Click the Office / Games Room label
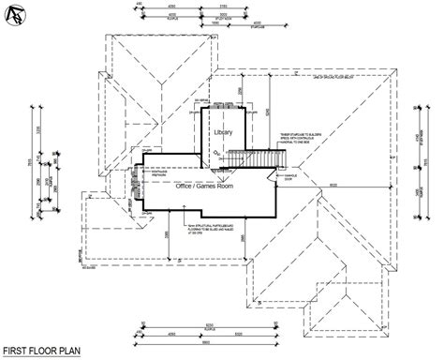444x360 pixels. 204,187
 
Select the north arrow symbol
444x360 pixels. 13,14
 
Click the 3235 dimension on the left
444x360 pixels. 41,130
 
